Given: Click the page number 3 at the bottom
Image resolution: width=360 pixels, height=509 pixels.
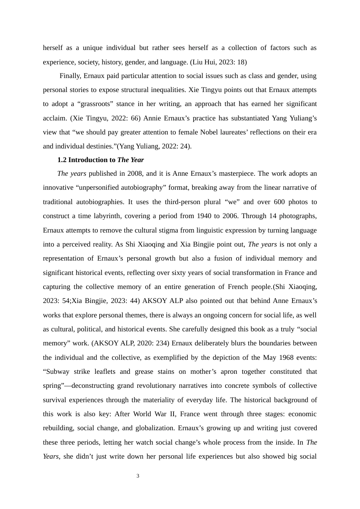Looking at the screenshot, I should click(x=138, y=476).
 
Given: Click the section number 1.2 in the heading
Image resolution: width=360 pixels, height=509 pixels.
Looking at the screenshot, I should click(x=62, y=160).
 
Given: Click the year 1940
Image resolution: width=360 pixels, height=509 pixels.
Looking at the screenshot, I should click(x=205, y=216).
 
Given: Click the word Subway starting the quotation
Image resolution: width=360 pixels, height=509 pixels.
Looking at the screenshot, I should click(x=56, y=372).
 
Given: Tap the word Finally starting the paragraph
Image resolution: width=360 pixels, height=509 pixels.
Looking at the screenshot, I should click(x=70, y=76).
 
